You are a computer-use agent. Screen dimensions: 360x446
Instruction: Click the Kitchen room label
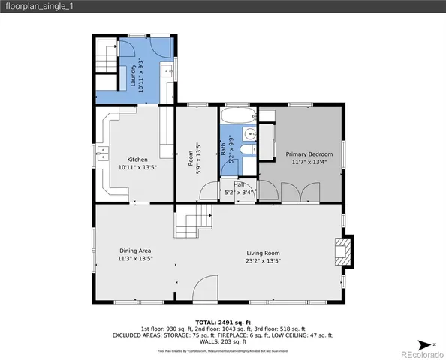pyautogui.click(x=137, y=160)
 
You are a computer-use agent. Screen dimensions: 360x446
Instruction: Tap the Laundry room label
pyautogui.click(x=135, y=76)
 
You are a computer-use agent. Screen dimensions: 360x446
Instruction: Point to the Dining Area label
pyautogui.click(x=135, y=250)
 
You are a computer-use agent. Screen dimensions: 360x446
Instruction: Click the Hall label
pyautogui.click(x=239, y=184)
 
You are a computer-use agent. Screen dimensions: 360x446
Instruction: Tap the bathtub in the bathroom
pyautogui.click(x=238, y=116)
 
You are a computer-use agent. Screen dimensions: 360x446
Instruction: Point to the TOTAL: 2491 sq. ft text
pyautogui.click(x=222, y=320)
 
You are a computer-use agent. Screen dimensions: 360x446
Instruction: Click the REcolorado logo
pyautogui.click(x=420, y=353)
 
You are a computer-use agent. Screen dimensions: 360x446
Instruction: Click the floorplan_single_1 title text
pyautogui.click(x=40, y=6)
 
